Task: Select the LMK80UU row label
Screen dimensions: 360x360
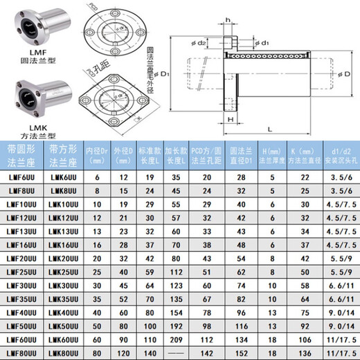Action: [x=62, y=354]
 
